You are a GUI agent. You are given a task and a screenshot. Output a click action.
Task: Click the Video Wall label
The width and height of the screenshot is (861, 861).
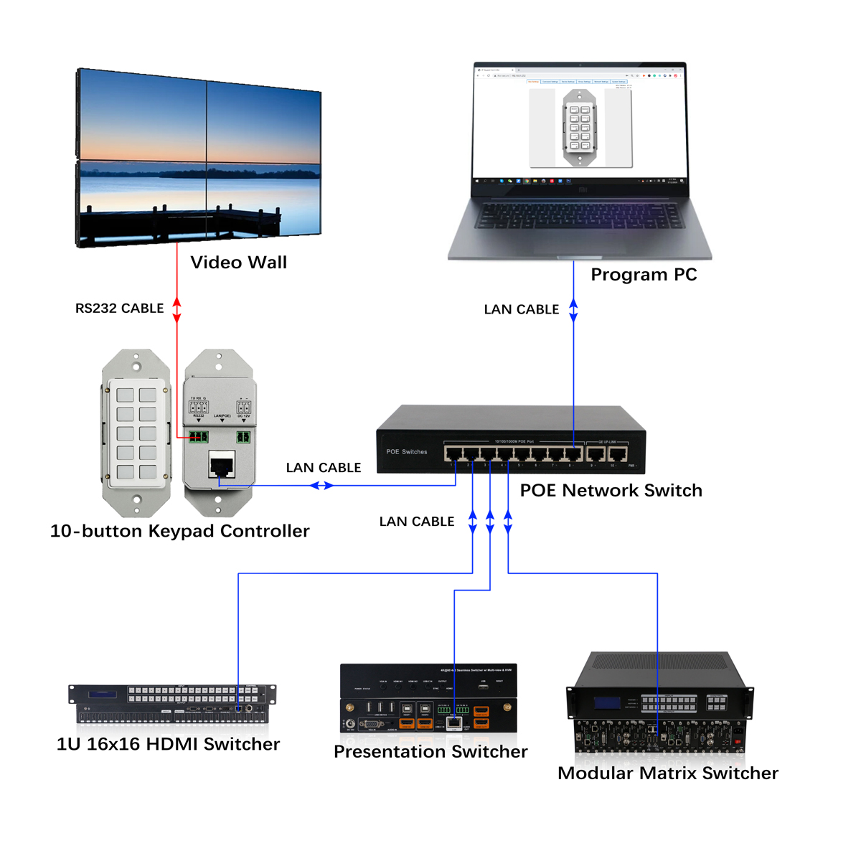pos(238,263)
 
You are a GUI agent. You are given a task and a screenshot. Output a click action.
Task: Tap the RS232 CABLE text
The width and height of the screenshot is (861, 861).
pos(119,309)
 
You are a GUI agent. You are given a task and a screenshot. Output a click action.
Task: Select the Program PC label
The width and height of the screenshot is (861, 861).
pos(644,275)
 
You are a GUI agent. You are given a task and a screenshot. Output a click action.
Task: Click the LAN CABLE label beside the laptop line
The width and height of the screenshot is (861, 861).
pos(521,310)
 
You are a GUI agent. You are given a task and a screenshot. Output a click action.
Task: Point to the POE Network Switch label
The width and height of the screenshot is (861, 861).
pos(611,491)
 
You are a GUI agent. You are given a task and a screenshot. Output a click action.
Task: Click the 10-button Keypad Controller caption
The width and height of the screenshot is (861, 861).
pos(179,532)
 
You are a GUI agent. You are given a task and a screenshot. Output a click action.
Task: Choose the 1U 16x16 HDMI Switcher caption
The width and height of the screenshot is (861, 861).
pos(168,744)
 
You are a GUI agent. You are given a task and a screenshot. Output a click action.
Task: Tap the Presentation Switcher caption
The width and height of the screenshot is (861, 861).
pos(430,752)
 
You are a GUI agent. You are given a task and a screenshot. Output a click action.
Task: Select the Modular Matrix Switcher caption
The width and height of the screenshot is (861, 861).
pos(667,773)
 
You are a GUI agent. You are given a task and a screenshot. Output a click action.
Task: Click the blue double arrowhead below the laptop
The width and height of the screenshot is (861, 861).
pos(573,310)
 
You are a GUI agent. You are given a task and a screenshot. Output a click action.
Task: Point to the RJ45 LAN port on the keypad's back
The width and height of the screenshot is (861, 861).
pos(222,465)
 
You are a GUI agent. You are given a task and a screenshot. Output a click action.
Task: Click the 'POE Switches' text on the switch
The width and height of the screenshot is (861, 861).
pos(406,452)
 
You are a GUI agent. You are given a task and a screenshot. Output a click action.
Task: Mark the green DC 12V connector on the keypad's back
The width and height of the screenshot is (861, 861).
pos(243,437)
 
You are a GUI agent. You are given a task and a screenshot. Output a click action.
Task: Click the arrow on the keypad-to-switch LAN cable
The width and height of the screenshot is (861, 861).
pos(321,486)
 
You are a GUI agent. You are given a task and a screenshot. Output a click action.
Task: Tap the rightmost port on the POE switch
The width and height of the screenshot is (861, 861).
pos(618,453)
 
